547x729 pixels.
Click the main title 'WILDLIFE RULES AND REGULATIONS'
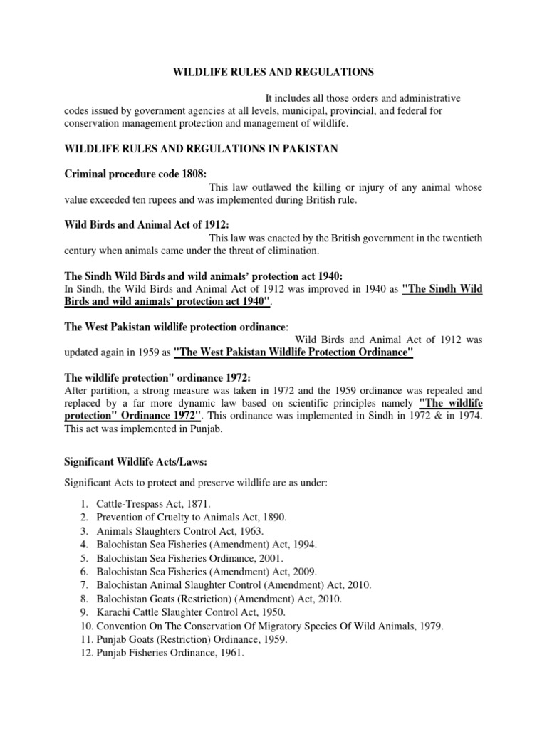[273, 72]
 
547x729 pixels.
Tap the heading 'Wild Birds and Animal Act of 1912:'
[142, 225]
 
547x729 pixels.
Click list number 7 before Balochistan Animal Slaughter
[83, 585]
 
